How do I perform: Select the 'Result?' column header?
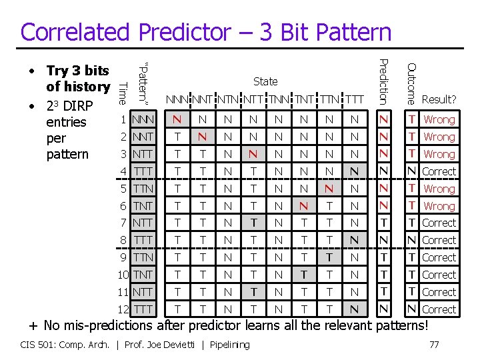pyautogui.click(x=439, y=100)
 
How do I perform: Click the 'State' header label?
pyautogui.click(x=265, y=81)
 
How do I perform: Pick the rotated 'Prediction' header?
pyautogui.click(x=383, y=81)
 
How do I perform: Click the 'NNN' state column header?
pyautogui.click(x=178, y=100)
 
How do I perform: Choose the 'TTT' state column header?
pyautogui.click(x=354, y=100)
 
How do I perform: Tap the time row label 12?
pyautogui.click(x=121, y=309)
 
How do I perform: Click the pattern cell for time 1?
pyautogui.click(x=143, y=120)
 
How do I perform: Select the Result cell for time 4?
pyautogui.click(x=439, y=171)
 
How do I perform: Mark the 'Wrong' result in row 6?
pyautogui.click(x=439, y=206)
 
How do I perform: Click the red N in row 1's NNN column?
pyautogui.click(x=177, y=120)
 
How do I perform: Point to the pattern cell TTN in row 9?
pyautogui.click(x=143, y=257)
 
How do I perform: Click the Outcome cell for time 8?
pyautogui.click(x=412, y=240)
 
